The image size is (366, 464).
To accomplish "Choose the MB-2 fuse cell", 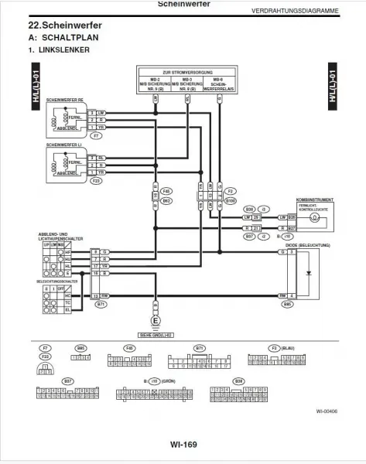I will [156, 83].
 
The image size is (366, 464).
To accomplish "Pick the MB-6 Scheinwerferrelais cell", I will [218, 83].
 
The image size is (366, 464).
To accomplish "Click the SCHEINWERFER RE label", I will [65, 100].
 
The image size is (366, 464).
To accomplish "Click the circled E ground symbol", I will [156, 319].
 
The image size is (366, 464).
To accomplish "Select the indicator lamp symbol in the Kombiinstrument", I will [314, 218].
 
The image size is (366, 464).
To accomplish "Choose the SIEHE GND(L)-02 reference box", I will [156, 335].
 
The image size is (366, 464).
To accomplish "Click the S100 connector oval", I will [230, 200].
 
